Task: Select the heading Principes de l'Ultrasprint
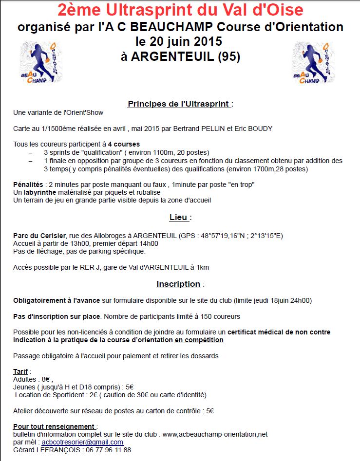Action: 178,104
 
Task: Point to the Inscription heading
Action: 178,284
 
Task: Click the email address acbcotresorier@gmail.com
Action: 82,442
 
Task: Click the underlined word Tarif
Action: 20,371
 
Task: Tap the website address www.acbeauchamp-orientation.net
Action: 215,434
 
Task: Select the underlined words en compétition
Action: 199,340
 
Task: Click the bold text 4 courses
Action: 124,144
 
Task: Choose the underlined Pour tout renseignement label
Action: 54,426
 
